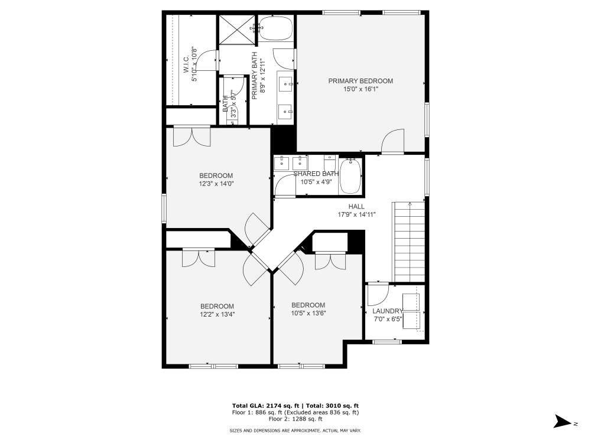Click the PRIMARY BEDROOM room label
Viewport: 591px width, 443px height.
tap(361, 81)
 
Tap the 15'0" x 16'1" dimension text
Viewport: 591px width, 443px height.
tap(361, 89)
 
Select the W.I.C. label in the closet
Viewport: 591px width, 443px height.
tap(186, 61)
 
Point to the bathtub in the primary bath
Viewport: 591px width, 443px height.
tap(277, 28)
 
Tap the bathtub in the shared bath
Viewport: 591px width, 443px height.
tap(350, 175)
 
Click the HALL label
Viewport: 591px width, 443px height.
tap(356, 206)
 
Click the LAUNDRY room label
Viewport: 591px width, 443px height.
tap(387, 311)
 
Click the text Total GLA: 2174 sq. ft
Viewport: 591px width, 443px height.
tap(266, 406)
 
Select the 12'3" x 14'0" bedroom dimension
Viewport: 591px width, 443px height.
tap(216, 183)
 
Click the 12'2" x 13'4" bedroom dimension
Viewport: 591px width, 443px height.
tap(217, 314)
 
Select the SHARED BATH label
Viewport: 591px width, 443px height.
tap(316, 174)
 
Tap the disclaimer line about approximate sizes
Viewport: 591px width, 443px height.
tap(295, 431)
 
